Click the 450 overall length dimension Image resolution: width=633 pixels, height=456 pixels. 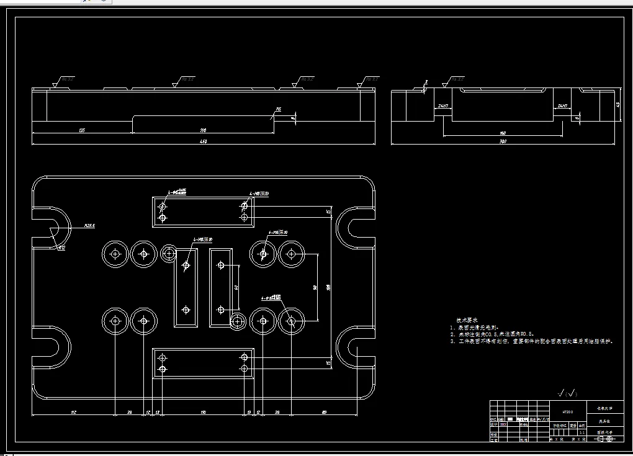(203, 142)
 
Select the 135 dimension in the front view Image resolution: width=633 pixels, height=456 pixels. (82, 130)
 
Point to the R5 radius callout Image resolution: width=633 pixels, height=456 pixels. (279, 109)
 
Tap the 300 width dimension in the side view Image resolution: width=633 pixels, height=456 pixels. (503, 142)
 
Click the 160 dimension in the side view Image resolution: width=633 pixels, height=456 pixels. (503, 133)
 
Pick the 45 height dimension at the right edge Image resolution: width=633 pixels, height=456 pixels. (617, 104)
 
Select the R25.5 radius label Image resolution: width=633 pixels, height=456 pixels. (89, 226)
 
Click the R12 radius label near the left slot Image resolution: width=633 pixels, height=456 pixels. (61, 248)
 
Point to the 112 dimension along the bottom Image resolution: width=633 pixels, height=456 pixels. (73, 411)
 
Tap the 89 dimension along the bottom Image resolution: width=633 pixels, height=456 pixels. (324, 411)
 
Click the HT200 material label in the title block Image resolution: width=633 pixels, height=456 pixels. (567, 411)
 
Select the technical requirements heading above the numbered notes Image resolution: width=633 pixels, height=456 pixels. (466, 320)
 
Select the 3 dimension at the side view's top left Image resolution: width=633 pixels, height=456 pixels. (426, 82)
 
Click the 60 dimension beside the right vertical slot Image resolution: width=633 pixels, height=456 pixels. (236, 287)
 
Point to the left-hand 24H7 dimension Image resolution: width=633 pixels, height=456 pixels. (442, 106)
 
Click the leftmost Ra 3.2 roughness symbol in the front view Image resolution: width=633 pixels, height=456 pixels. (65, 80)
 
